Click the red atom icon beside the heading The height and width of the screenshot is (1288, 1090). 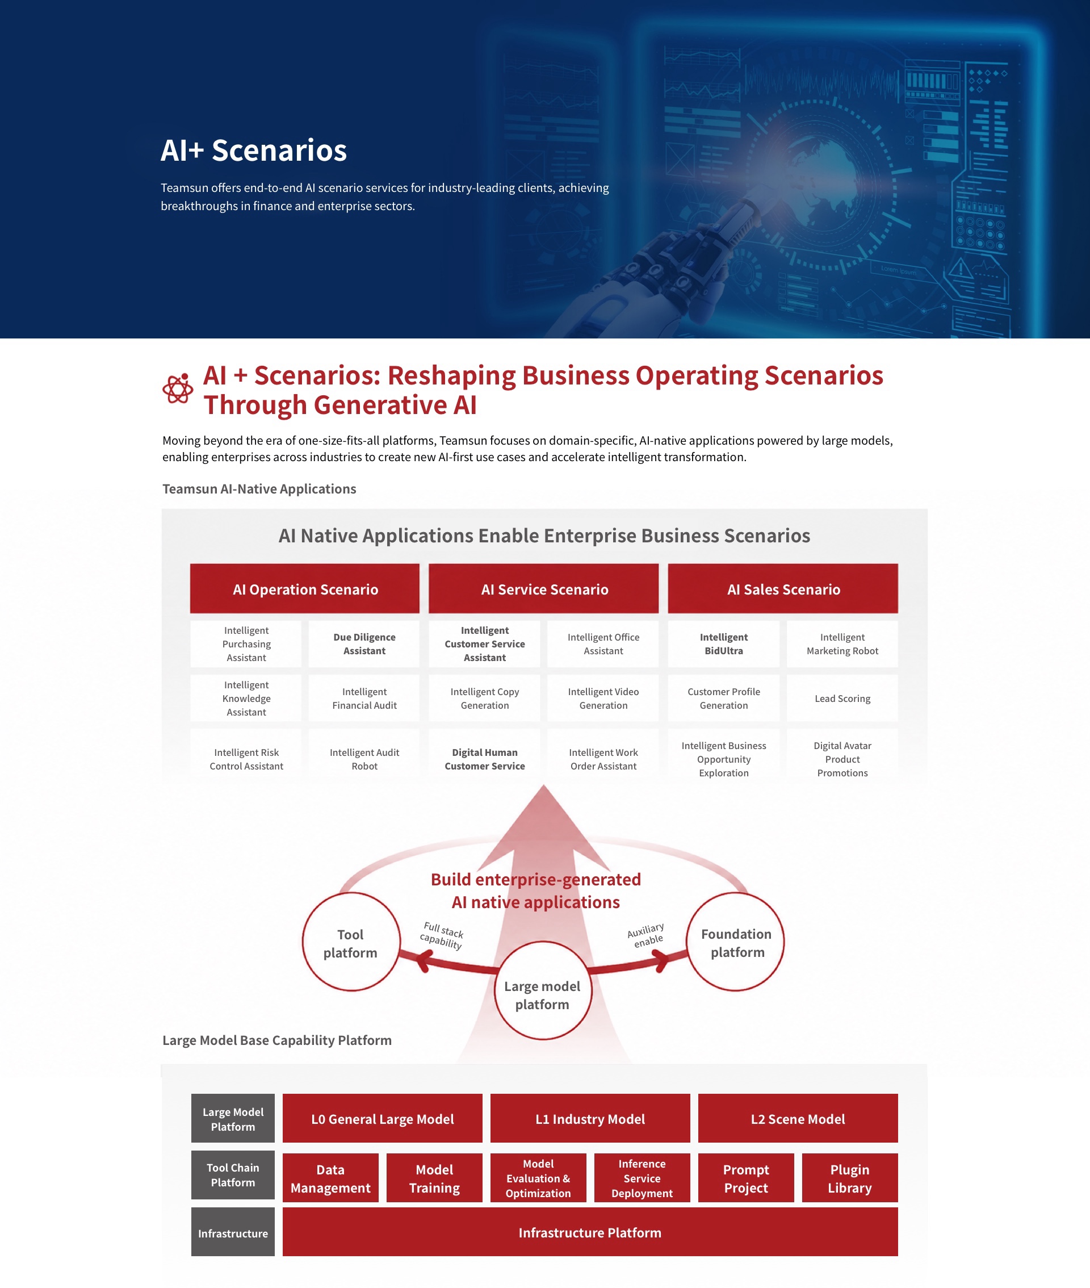(178, 389)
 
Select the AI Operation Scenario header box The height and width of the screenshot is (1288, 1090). (305, 588)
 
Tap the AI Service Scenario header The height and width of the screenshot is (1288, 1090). (544, 588)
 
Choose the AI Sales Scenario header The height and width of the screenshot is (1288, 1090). (783, 588)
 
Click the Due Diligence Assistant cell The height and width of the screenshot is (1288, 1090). (364, 643)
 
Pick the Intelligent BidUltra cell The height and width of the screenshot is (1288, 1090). (724, 643)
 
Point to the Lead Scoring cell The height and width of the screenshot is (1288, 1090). (842, 698)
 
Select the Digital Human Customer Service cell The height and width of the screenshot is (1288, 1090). (484, 758)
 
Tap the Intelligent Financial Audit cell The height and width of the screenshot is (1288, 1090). (364, 698)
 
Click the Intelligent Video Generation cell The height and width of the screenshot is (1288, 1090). (603, 698)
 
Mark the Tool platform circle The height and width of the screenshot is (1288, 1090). (351, 942)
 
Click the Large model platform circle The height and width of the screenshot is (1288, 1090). (543, 990)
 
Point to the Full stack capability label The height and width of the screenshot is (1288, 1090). (442, 935)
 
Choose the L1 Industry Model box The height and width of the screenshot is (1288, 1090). (590, 1118)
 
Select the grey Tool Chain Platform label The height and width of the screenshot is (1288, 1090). (233, 1174)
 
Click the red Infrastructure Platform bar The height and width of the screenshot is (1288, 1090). (590, 1232)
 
